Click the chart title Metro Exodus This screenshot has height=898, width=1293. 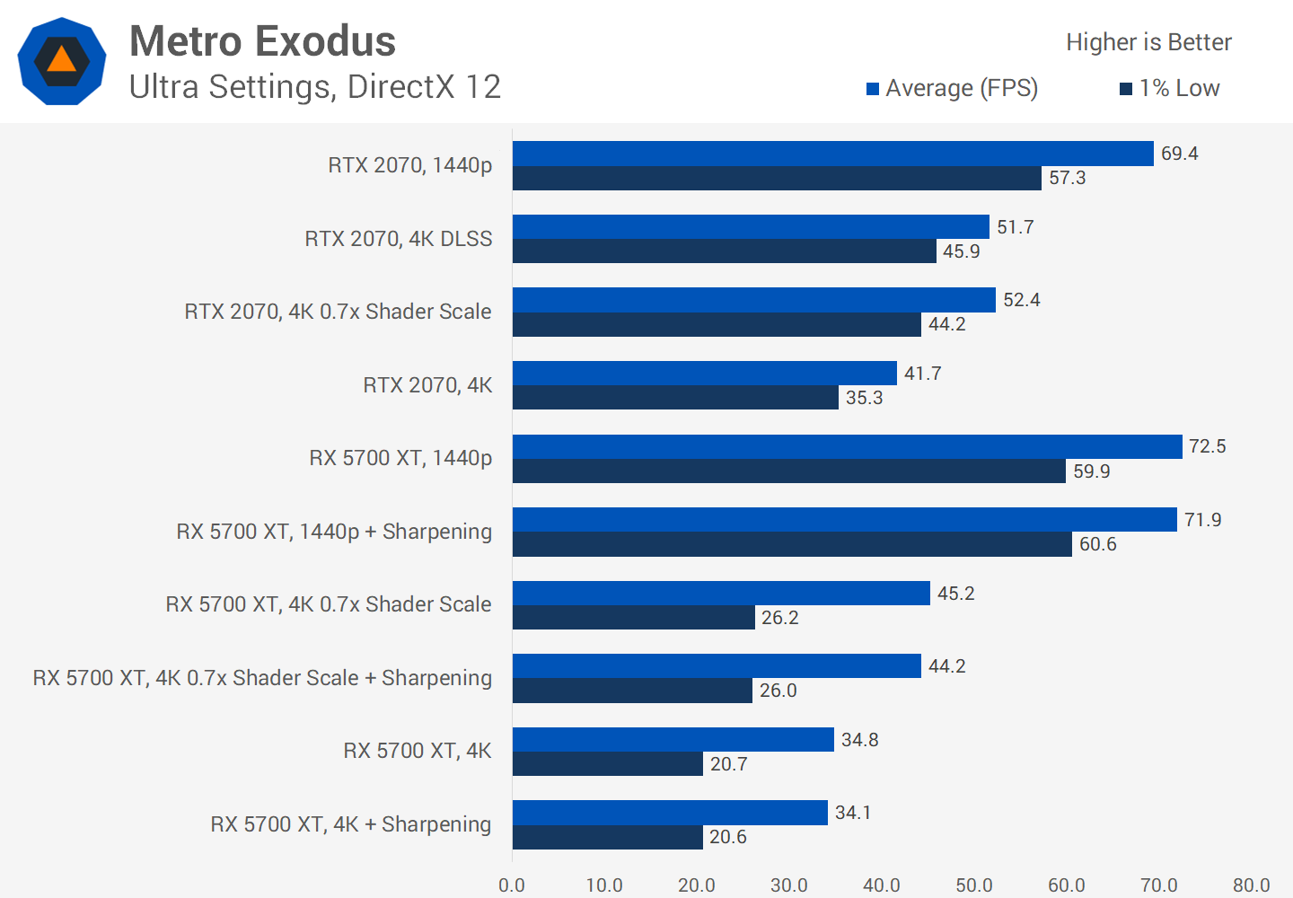click(x=262, y=41)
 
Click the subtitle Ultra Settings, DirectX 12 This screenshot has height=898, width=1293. click(x=314, y=87)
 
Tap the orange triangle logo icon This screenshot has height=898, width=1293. click(x=61, y=60)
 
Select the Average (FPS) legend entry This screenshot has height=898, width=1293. click(x=952, y=88)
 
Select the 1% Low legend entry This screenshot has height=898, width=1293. click(x=1170, y=88)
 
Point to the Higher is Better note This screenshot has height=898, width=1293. click(x=1148, y=42)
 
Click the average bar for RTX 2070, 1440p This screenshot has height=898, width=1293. click(x=832, y=154)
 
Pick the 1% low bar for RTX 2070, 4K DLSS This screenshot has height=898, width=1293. click(x=724, y=251)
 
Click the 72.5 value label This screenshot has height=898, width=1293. click(x=1207, y=446)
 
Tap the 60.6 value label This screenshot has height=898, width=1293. click(x=1097, y=544)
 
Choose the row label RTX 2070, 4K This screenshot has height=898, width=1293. click(x=427, y=385)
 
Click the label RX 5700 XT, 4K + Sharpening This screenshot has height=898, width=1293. click(x=350, y=824)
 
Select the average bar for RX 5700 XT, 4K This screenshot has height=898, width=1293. click(x=673, y=740)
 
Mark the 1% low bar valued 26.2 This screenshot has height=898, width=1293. click(x=633, y=618)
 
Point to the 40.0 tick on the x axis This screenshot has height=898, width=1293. click(x=881, y=885)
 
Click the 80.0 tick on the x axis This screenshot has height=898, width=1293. click(x=1251, y=885)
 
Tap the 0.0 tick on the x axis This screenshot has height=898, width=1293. click(x=512, y=885)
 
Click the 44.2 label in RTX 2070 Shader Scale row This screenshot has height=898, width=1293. click(x=946, y=324)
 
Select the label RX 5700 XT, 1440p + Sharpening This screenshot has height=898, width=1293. click(x=334, y=532)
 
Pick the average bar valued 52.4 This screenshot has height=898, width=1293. click(x=753, y=300)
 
